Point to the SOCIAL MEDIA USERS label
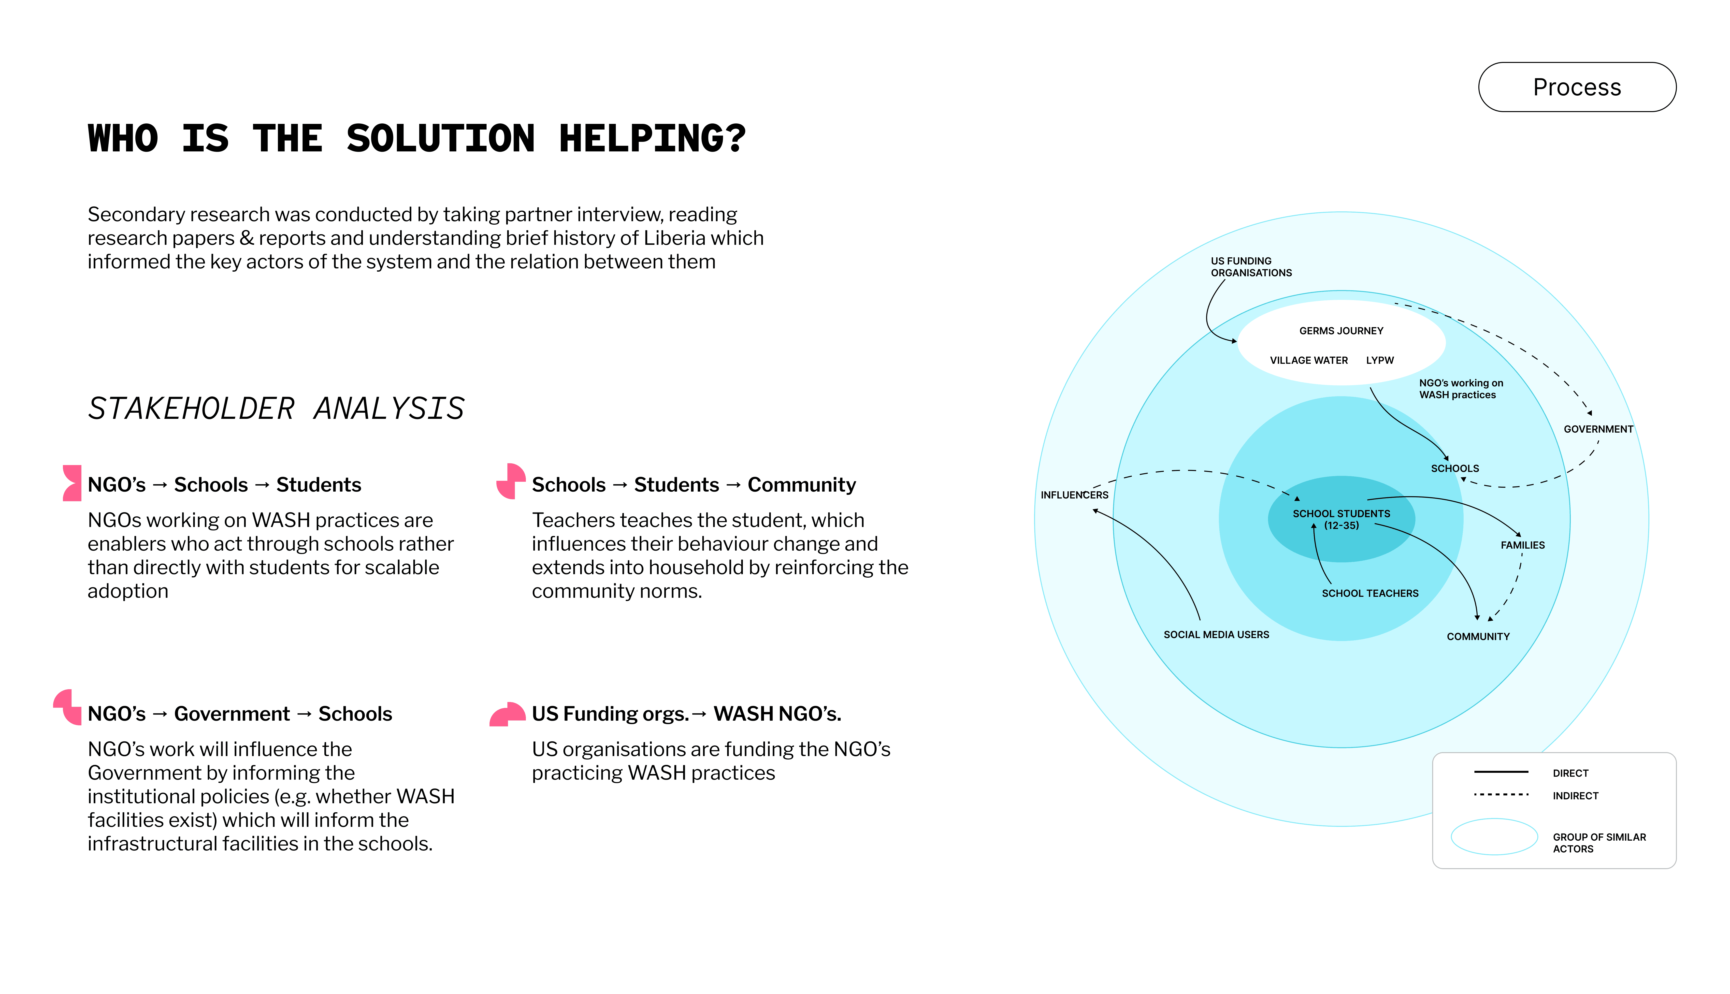click(x=1216, y=634)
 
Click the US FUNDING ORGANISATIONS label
click(x=1251, y=267)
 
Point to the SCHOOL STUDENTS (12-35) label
click(x=1341, y=520)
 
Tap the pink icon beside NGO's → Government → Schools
click(x=68, y=707)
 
